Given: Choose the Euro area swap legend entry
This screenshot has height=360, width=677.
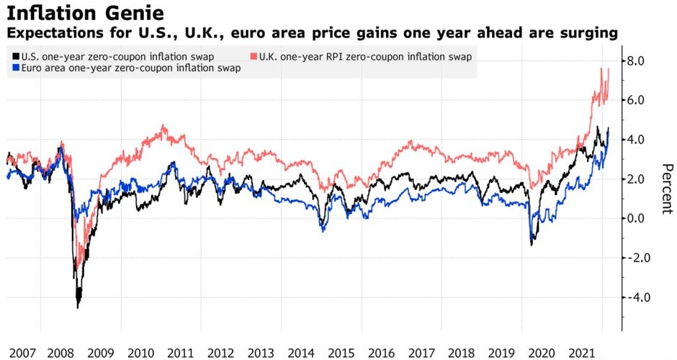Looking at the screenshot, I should (127, 68).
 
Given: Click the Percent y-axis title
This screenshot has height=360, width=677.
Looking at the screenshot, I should (668, 186).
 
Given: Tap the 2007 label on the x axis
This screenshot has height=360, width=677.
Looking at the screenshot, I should (22, 353).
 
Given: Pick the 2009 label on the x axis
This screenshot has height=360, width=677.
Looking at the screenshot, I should (101, 353).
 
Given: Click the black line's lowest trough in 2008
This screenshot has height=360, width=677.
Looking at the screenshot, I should (78, 307).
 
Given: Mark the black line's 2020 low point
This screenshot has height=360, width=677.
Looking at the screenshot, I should (532, 245).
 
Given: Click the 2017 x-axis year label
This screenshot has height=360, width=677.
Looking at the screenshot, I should (421, 353).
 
